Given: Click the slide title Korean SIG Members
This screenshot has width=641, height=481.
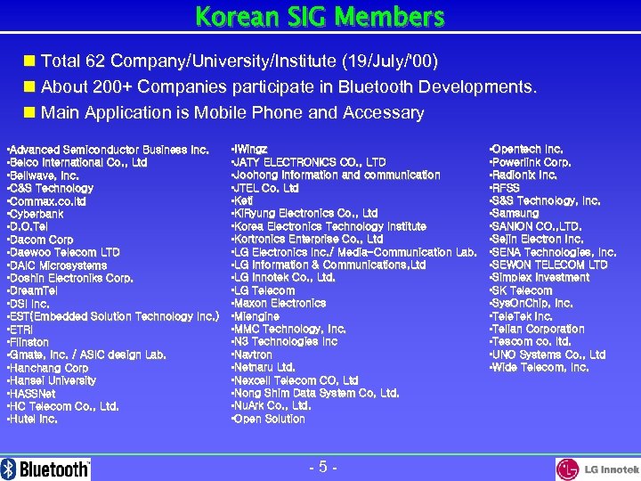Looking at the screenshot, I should (320, 17).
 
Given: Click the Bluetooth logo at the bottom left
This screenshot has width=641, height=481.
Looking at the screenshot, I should (46, 469).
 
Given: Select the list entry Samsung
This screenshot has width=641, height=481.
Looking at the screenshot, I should (515, 214).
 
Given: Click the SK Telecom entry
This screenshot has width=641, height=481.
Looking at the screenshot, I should (521, 290).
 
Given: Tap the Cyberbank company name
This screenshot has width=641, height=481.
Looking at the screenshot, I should (35, 215).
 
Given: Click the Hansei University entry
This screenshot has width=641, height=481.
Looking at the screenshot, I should (52, 380).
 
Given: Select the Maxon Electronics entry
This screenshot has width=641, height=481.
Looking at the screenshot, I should (266, 304).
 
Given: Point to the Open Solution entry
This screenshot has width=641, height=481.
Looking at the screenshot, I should (268, 419).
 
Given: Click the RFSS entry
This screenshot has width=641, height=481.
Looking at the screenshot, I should (505, 188).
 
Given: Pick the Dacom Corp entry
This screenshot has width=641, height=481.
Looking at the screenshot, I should (40, 240).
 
